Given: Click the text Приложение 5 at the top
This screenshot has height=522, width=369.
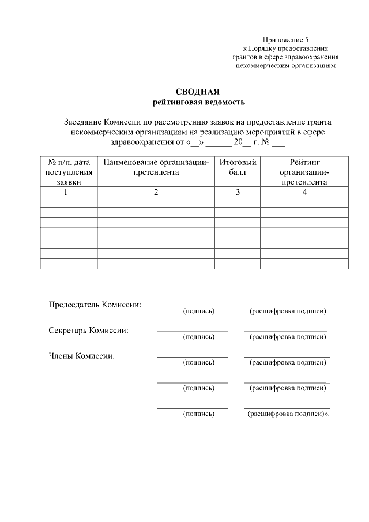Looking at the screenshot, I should point(285,40).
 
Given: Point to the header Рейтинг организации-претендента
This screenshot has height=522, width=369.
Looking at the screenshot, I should point(304,172).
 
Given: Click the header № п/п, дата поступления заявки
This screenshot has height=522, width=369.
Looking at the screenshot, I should point(69,172).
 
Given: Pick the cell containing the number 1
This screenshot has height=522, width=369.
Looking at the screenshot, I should point(69,192).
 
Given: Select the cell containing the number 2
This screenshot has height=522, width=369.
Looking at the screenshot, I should point(156,192).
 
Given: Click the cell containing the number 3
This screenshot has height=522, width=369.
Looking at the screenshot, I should point(238,192).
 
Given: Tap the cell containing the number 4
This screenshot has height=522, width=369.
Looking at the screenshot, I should point(304,192).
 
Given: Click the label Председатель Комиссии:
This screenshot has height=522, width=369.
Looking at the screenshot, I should point(95,304).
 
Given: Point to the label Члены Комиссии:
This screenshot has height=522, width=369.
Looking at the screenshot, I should point(81,355).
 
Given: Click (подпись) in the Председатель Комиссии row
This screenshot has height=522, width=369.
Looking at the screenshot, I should point(198,311).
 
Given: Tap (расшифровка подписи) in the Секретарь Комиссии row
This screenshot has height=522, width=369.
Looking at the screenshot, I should point(288,337).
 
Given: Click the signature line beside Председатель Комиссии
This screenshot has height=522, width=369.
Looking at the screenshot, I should point(193,305).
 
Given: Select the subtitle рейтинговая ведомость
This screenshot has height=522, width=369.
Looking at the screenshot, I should point(198,103).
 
